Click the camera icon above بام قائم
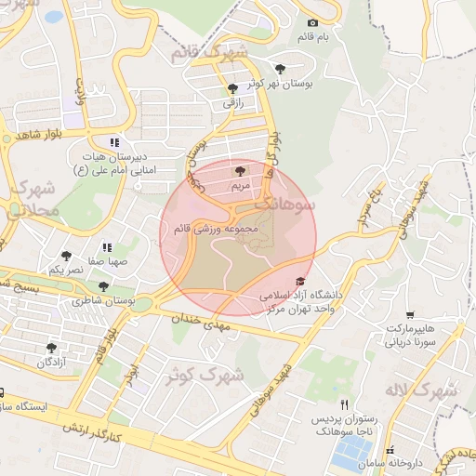pyautogui.click(x=312, y=23)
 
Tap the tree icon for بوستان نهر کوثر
pyautogui.click(x=281, y=68)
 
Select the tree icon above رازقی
pyautogui.click(x=231, y=89)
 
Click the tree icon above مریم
pyautogui.click(x=242, y=171)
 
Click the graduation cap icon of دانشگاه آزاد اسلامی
pyautogui.click(x=299, y=281)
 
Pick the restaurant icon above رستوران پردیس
pyautogui.click(x=345, y=404)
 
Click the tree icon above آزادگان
pyautogui.click(x=51, y=348)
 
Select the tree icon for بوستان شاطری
pyautogui.click(x=102, y=287)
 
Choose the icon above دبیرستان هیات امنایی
pyautogui.click(x=114, y=142)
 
